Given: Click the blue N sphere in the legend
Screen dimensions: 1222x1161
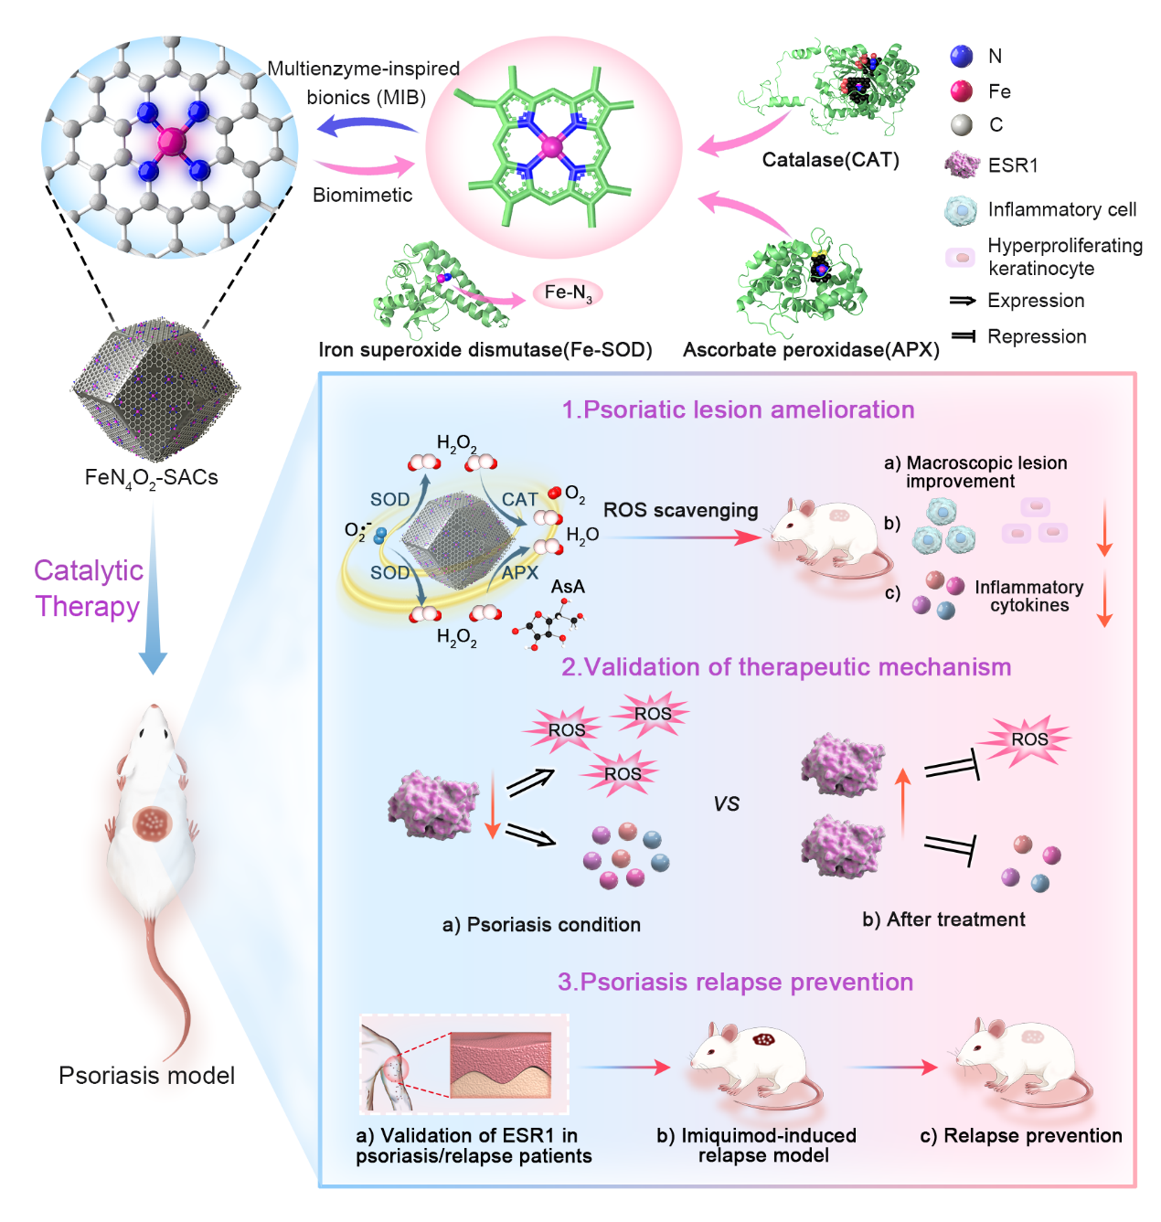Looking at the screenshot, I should pyautogui.click(x=961, y=57).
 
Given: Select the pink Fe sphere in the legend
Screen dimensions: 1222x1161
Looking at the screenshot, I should pyautogui.click(x=961, y=91).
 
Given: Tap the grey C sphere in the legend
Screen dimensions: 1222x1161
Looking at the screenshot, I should pyautogui.click(x=961, y=125).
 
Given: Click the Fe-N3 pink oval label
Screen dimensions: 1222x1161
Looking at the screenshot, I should pyautogui.click(x=568, y=293).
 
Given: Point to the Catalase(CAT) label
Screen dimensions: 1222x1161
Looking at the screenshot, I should pyautogui.click(x=830, y=161).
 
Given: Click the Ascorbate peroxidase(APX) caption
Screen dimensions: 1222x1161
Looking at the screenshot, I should pyautogui.click(x=811, y=350).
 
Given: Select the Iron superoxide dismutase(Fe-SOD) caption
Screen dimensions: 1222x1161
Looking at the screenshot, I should pyautogui.click(x=485, y=350).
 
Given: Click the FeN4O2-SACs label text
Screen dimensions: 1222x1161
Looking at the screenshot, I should pyautogui.click(x=151, y=478).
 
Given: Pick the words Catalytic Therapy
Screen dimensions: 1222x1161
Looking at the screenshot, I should pyautogui.click(x=88, y=589).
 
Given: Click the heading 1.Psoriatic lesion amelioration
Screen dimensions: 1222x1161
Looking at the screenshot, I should pyautogui.click(x=738, y=409).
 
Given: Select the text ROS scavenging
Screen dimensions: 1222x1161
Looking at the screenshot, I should pyautogui.click(x=680, y=510).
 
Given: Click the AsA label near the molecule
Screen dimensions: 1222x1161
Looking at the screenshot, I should pyautogui.click(x=567, y=587).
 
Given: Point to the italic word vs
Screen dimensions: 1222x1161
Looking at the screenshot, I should pyautogui.click(x=726, y=803).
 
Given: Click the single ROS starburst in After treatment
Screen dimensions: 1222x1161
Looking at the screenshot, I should pyautogui.click(x=1028, y=739).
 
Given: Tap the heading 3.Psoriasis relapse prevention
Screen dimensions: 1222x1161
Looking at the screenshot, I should pyautogui.click(x=735, y=982).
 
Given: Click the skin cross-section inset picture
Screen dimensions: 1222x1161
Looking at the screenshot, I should pyautogui.click(x=501, y=1064).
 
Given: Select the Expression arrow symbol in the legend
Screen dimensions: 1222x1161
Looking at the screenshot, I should pyautogui.click(x=963, y=301).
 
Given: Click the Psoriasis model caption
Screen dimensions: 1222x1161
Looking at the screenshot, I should pyautogui.click(x=146, y=1076).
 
